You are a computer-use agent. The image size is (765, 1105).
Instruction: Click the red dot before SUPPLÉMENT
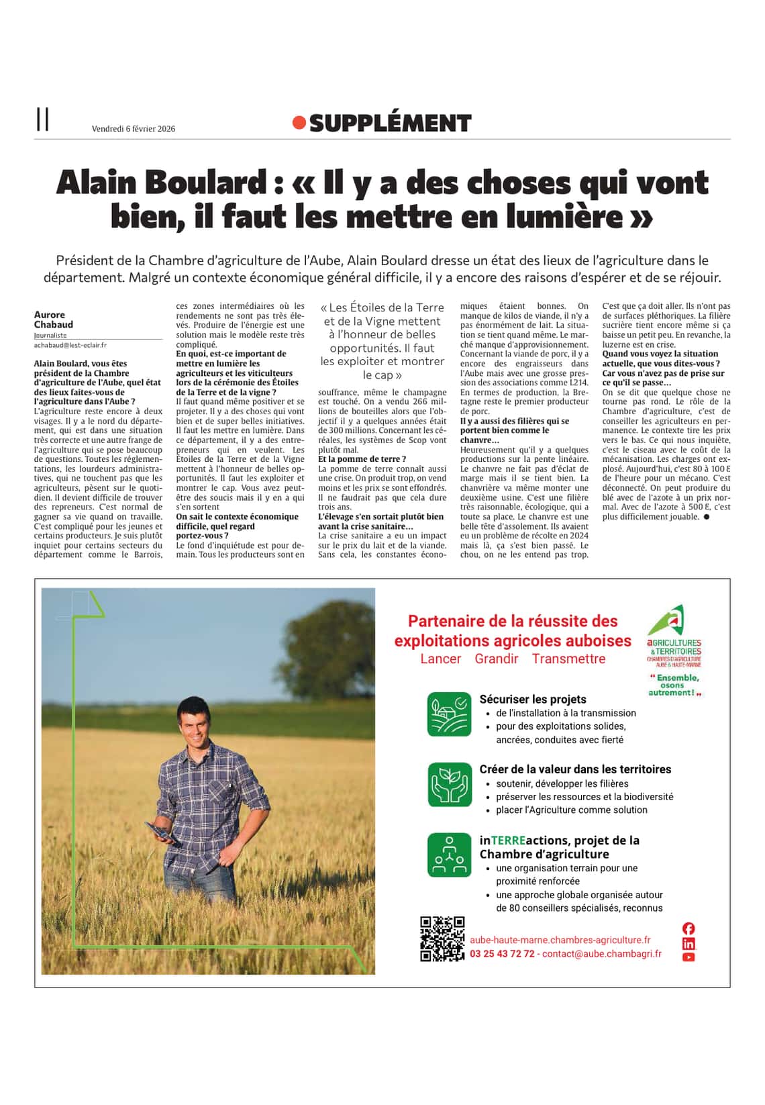coord(299,123)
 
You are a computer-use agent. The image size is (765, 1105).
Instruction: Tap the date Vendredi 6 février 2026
coord(134,129)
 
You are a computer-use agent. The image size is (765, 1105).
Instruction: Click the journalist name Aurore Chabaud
coord(54,320)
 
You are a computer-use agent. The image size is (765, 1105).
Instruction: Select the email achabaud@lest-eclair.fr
coord(70,345)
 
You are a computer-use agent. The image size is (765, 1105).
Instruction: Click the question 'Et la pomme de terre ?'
coord(362,459)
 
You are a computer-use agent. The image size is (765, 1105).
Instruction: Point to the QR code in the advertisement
coord(442,939)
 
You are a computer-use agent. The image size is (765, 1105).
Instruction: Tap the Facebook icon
coord(688,928)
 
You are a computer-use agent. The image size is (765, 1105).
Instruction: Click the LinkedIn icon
coord(688,943)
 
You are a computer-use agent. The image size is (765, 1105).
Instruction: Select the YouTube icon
coord(688,957)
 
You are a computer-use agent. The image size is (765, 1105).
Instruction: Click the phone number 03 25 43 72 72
coord(502,954)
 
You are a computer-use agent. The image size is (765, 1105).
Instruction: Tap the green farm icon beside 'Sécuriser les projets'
coord(450,714)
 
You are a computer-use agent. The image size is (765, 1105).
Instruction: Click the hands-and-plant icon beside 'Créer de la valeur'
coord(450,784)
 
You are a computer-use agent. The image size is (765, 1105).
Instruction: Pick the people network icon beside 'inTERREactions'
coord(450,855)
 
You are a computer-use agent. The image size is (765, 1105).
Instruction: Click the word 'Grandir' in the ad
coord(497,659)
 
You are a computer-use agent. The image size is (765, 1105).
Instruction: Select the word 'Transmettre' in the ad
coord(568,659)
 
